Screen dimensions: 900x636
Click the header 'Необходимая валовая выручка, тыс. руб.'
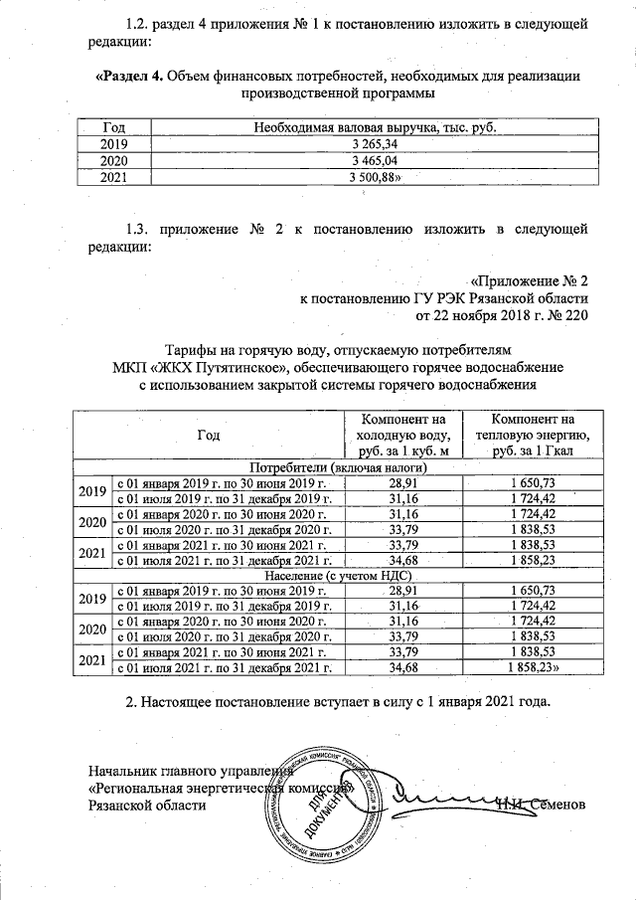(367, 128)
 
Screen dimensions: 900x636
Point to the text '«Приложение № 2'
(530, 279)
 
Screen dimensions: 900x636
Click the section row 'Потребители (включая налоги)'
(339, 466)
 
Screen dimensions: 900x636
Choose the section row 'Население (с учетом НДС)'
(339, 578)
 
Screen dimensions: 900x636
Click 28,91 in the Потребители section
(400, 481)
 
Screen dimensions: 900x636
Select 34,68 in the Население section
(400, 667)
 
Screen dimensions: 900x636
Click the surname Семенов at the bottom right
(562, 804)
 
